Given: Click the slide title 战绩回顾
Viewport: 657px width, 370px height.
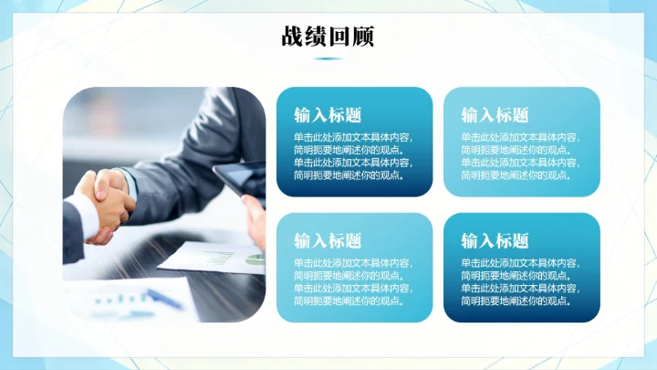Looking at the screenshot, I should [328, 37].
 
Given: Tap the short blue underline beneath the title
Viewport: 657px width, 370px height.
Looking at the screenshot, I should [328, 58].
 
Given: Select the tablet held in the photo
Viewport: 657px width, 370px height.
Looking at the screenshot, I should [240, 180].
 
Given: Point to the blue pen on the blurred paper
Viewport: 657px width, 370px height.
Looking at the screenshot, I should [164, 297].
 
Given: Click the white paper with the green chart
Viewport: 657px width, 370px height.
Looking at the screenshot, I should [214, 258].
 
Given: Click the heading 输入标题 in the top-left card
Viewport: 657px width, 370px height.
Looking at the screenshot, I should [328, 115].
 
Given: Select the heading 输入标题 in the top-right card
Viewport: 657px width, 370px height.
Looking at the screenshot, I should [495, 115].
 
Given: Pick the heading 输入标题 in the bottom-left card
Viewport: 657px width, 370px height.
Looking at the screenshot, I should [328, 240].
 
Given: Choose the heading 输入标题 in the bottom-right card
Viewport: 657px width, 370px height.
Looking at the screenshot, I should [495, 240].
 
